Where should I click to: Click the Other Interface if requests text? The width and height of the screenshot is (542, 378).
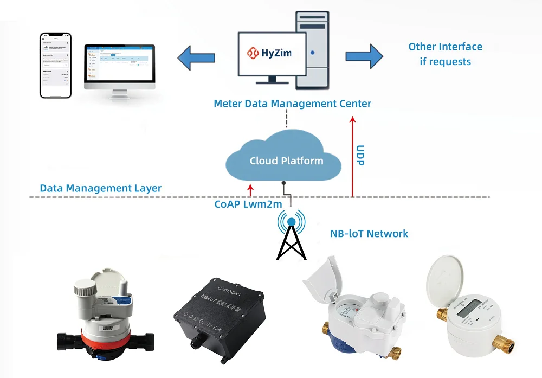pos(445,54)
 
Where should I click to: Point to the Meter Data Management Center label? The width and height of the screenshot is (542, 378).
pos(292,104)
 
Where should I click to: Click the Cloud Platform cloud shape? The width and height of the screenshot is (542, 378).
pos(286,157)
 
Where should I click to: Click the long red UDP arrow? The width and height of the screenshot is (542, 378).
pos(352,157)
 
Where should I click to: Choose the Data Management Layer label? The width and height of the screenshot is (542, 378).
pos(100,189)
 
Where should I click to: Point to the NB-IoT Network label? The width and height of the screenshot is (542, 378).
pos(369,234)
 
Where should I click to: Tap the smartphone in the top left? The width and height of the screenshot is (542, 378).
pos(56,66)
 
